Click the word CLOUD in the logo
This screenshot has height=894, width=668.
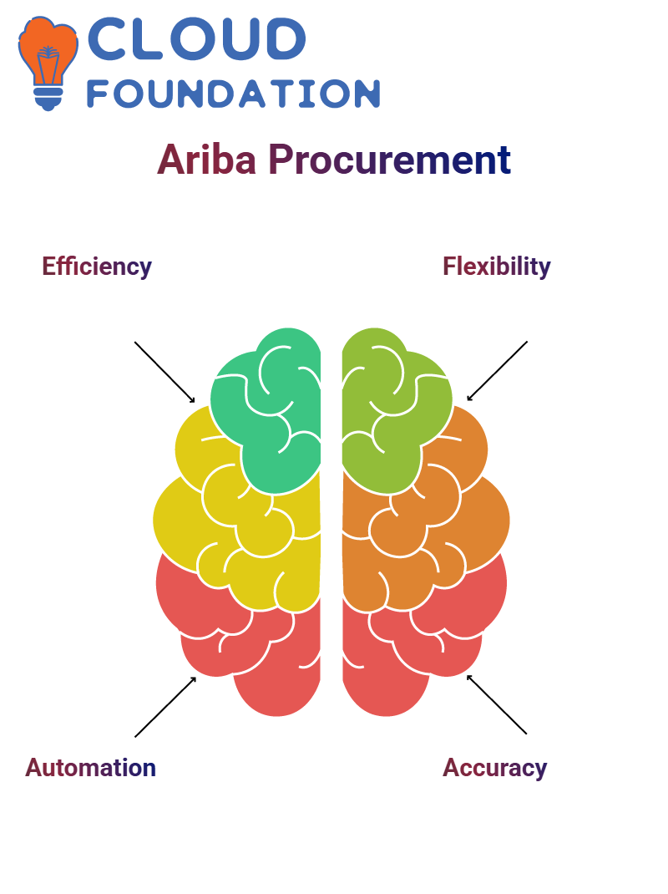(195, 40)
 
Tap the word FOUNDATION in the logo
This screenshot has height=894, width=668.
(233, 94)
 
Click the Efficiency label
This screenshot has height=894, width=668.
(97, 267)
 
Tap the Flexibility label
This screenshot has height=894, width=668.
(497, 267)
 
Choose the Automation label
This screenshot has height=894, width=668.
(90, 767)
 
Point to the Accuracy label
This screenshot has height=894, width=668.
(495, 767)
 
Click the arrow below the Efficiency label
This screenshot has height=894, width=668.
(164, 371)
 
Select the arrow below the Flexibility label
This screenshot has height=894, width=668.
(498, 370)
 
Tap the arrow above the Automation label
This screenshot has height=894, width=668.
(165, 707)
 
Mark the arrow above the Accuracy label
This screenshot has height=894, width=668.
(497, 704)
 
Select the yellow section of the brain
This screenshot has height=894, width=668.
(217, 518)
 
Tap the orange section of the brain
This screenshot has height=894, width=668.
(443, 518)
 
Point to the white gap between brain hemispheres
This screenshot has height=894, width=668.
(331, 518)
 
